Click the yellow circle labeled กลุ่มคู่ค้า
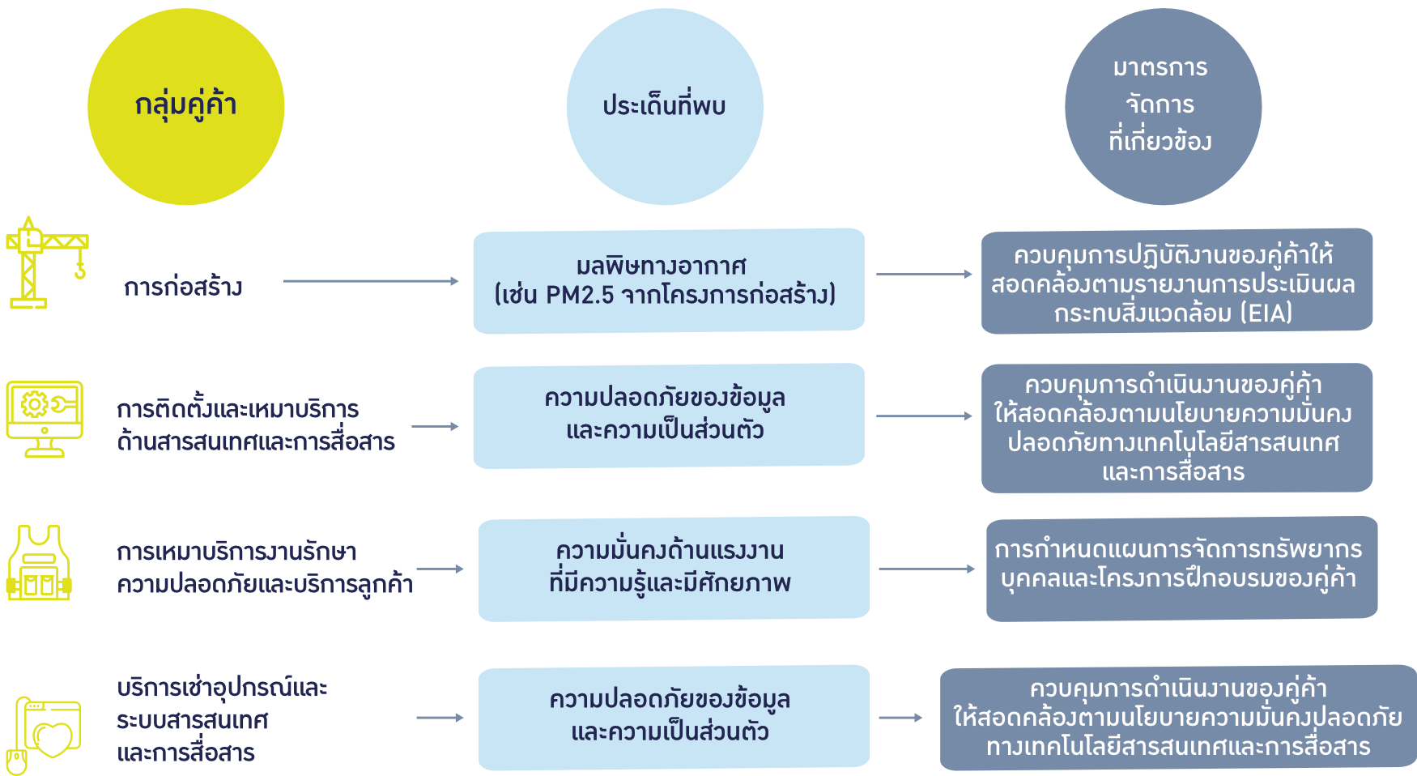pyautogui.click(x=185, y=106)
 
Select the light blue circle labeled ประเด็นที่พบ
pyautogui.click(x=664, y=106)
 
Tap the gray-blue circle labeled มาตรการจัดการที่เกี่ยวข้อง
pyautogui.click(x=1162, y=106)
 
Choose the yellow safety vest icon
pyautogui.click(x=39, y=564)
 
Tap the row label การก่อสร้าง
pyautogui.click(x=183, y=288)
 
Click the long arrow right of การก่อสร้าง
pyautogui.click(x=371, y=281)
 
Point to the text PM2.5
pyautogui.click(x=580, y=295)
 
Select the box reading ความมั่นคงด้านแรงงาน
pyautogui.click(x=674, y=568)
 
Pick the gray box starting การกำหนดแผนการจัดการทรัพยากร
pyautogui.click(x=1181, y=568)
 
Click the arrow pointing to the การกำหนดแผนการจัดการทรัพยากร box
pyautogui.click(x=926, y=569)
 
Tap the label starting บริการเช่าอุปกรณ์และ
pyautogui.click(x=222, y=720)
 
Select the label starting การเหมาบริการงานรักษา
pyautogui.click(x=264, y=568)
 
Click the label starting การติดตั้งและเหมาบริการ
pyautogui.click(x=255, y=425)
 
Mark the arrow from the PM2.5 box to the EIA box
pyautogui.click(x=924, y=275)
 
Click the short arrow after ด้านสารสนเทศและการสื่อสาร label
pyautogui.click(x=435, y=426)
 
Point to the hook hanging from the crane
pyautogui.click(x=80, y=269)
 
